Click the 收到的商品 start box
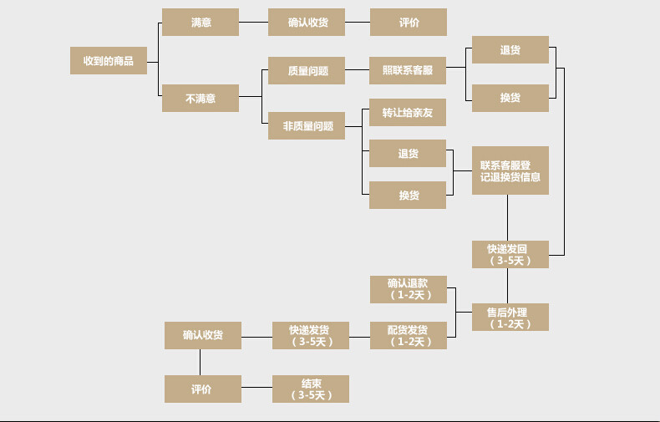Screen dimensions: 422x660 [x=109, y=60]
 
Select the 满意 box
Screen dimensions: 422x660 [x=201, y=23]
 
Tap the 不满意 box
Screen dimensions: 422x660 [x=201, y=98]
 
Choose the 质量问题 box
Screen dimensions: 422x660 [x=307, y=71]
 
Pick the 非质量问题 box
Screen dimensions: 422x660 [x=307, y=126]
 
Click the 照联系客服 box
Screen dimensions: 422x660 [x=408, y=71]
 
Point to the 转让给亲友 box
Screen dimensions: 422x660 [x=408, y=113]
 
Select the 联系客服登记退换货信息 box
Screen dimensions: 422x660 [x=510, y=170]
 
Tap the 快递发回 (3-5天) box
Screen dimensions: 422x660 [x=510, y=254]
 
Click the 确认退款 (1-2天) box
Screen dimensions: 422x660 [x=408, y=289]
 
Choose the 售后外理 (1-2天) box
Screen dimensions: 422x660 [x=510, y=318]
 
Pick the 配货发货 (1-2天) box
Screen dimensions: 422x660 [x=408, y=335]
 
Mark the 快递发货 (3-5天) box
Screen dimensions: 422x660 [x=311, y=335]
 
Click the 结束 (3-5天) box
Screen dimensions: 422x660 [x=311, y=389]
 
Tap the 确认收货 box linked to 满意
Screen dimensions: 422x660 [x=307, y=23]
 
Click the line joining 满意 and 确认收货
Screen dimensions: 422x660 [x=253, y=23]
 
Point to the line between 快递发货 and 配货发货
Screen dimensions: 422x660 [x=359, y=336]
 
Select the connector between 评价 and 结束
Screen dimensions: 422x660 [x=256, y=389]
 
